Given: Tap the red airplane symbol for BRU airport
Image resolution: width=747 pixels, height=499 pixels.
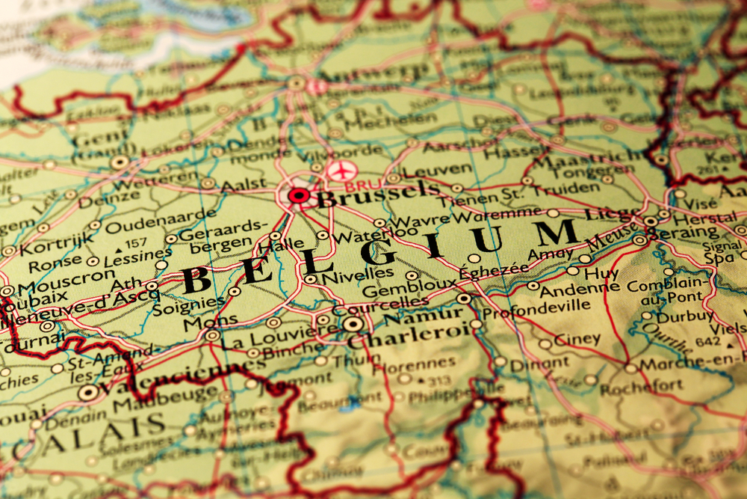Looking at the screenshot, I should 340,171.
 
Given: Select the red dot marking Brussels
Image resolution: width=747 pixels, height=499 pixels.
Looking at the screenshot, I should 299,196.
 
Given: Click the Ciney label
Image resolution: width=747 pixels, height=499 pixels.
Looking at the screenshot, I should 576,339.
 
